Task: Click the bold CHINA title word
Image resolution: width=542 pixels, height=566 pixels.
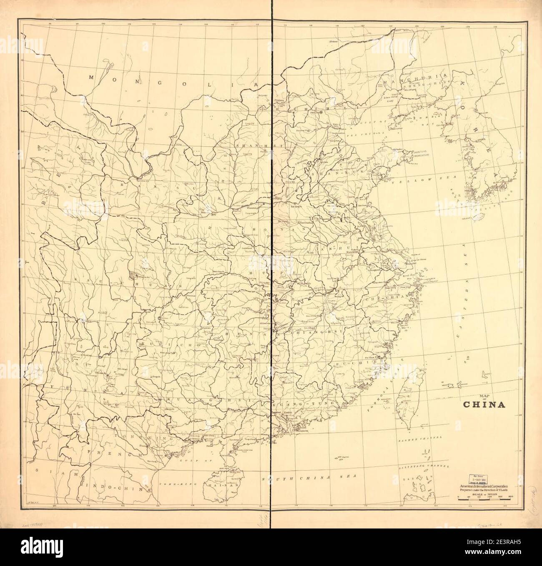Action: (x=484, y=404)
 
